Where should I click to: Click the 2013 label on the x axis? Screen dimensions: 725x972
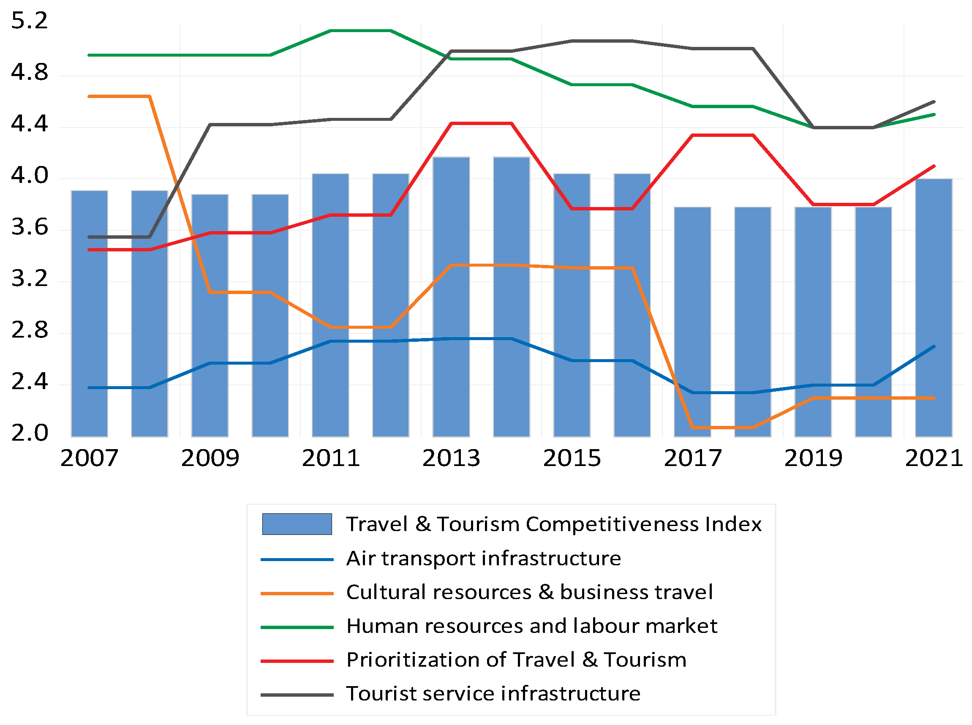451,458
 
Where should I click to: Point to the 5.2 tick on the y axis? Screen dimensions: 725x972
30,21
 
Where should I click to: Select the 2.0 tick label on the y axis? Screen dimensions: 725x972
30,433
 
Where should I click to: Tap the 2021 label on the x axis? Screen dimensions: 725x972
934,458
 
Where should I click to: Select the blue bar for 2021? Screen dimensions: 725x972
934,307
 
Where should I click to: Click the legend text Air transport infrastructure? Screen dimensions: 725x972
483,559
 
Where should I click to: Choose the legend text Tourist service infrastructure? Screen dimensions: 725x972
493,694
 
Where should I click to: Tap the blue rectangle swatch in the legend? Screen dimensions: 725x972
297,524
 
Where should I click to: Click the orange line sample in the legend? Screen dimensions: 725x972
297,593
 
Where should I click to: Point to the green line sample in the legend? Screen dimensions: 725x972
297,627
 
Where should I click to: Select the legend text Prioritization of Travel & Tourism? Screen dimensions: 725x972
516,660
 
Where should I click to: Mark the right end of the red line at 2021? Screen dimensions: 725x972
934,166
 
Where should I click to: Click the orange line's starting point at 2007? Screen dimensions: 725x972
89,96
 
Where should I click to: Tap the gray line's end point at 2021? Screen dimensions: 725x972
934,102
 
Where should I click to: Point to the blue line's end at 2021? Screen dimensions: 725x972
934,347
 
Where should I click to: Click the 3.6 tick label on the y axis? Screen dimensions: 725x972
30,227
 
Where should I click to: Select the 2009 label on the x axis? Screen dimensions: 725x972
210,458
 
